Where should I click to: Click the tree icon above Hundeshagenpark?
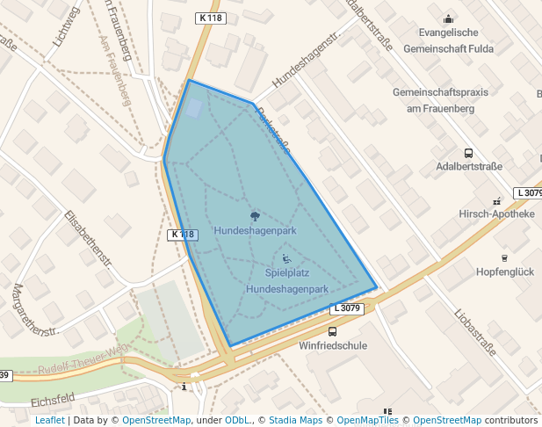255,215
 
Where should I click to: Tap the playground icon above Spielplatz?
287,259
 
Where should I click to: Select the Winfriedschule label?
334,345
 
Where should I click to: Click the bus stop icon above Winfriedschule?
332,331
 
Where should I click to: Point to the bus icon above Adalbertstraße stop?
468,152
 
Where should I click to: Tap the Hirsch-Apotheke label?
496,213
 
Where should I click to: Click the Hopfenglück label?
504,271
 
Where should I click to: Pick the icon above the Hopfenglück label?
504,257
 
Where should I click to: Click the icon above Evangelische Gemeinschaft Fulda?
449,19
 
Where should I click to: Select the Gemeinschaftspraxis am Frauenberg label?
446,100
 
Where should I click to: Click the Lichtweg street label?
65,25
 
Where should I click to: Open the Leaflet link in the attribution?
49,420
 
